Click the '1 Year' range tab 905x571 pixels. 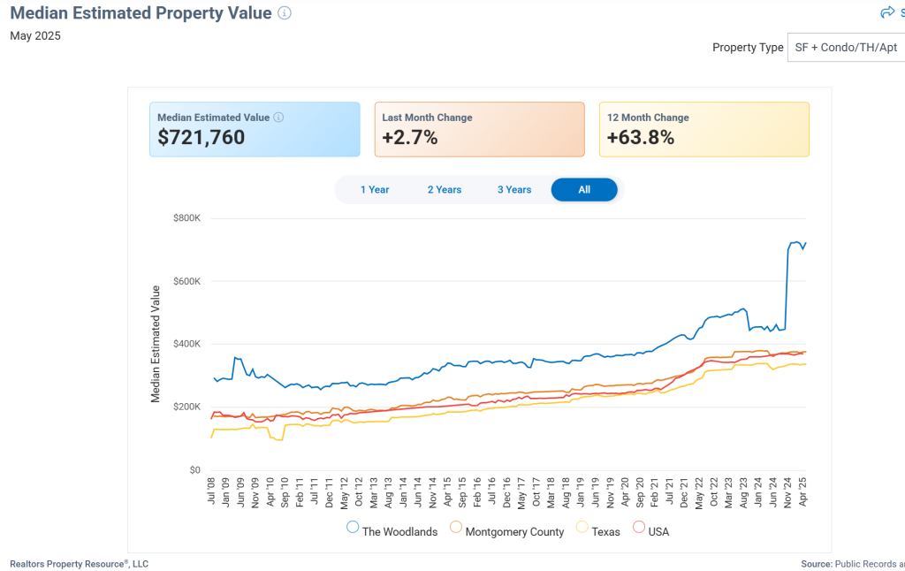click(x=375, y=190)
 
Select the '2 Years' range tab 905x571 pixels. click(x=445, y=190)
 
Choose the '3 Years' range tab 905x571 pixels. click(x=514, y=190)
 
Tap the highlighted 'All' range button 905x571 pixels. click(x=584, y=190)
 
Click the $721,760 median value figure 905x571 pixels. click(x=202, y=138)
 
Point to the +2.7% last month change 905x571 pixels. click(x=410, y=138)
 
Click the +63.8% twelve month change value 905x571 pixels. click(x=641, y=138)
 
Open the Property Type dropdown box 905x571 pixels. click(x=846, y=48)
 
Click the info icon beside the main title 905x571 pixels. click(x=284, y=13)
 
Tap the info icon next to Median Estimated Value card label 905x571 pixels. click(x=278, y=118)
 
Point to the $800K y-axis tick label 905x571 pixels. click(x=187, y=218)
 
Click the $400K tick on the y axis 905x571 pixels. click(x=187, y=344)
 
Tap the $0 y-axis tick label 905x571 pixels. click(x=194, y=470)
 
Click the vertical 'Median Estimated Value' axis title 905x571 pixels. click(x=156, y=344)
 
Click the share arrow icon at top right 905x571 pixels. click(x=887, y=12)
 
